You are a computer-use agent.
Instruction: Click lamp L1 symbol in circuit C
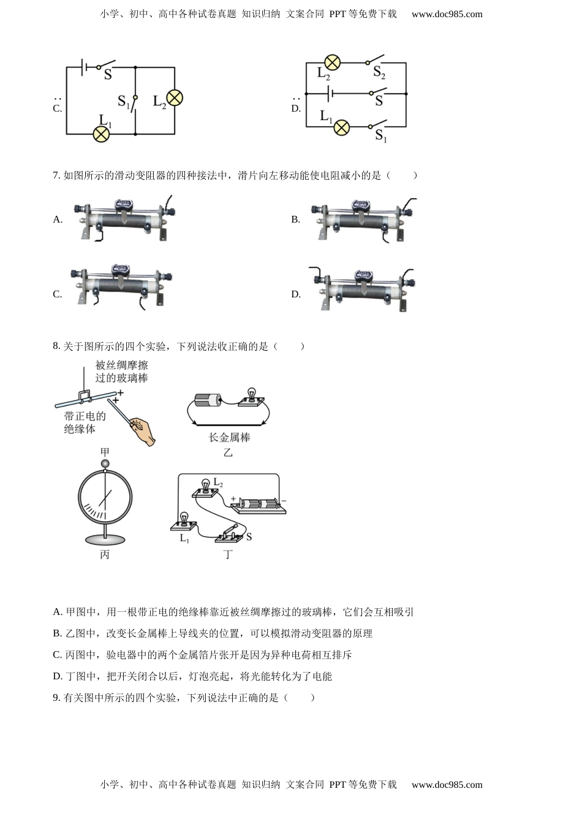pyautogui.click(x=101, y=134)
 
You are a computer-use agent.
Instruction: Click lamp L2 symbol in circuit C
pyautogui.click(x=175, y=98)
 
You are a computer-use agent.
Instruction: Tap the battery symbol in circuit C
pyautogui.click(x=85, y=67)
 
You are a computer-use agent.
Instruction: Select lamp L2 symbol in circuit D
pyautogui.click(x=332, y=63)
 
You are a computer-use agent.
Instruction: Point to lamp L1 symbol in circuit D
pyautogui.click(x=341, y=128)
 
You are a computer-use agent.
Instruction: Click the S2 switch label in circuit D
pyautogui.click(x=379, y=73)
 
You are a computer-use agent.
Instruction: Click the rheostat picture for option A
pyautogui.click(x=125, y=219)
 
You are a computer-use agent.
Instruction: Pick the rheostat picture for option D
pyautogui.click(x=363, y=289)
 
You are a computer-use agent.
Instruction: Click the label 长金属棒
pyautogui.click(x=229, y=438)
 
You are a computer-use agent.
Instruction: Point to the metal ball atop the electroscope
pyautogui.click(x=105, y=465)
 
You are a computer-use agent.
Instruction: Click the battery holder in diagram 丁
pyautogui.click(x=258, y=505)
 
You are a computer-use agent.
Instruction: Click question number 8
pyautogui.click(x=56, y=346)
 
